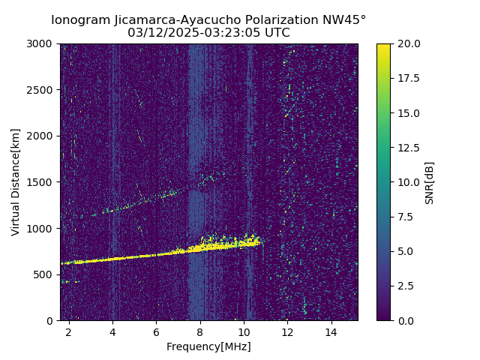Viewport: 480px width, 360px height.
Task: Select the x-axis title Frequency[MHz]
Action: tap(208, 346)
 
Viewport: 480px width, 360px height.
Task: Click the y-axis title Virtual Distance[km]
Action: tap(16, 181)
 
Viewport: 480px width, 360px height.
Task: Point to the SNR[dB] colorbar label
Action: tap(430, 182)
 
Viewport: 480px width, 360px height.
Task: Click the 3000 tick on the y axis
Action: tap(42, 43)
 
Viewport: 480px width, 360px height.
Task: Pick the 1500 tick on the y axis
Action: tap(42, 182)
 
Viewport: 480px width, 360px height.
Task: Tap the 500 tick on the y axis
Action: tap(45, 274)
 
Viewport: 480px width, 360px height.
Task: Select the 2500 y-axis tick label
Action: tap(42, 90)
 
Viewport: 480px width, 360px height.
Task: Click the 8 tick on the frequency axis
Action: tap(200, 331)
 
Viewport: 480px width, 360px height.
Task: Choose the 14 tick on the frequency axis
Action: tap(331, 331)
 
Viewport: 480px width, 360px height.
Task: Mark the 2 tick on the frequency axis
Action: tap(69, 331)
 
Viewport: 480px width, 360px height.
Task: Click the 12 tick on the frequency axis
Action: tap(287, 331)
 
